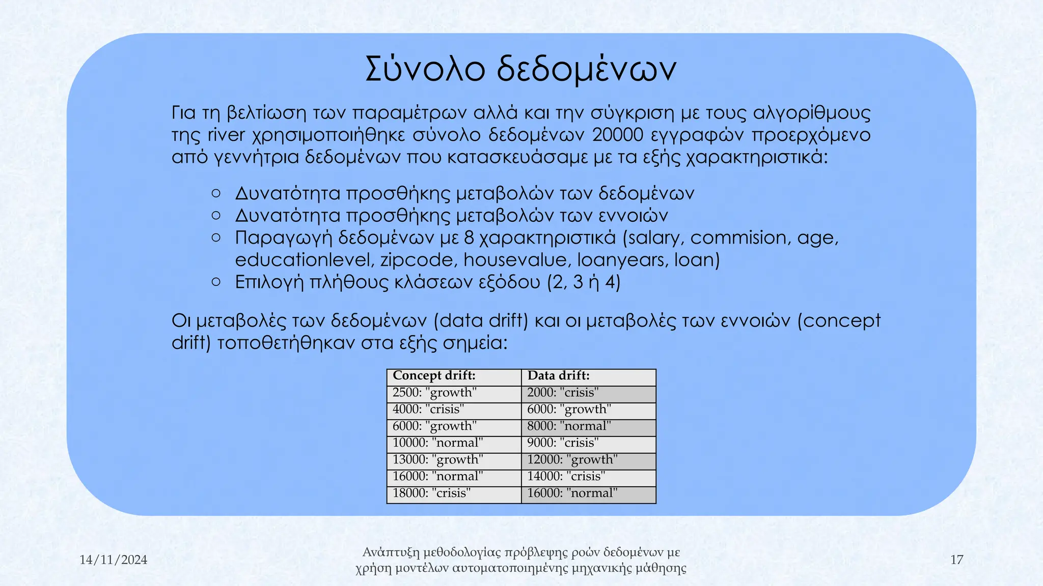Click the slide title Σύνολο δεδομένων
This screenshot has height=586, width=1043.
click(521, 70)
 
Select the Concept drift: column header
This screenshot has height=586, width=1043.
click(434, 376)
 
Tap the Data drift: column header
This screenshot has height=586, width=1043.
click(559, 376)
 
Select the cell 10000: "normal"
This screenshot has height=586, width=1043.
click(437, 443)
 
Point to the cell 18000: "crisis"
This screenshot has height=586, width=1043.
click(431, 493)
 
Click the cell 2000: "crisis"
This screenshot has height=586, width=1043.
click(563, 393)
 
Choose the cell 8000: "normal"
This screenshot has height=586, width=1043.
click(569, 426)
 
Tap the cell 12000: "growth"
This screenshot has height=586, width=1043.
click(572, 460)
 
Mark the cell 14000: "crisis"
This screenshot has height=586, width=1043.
click(566, 477)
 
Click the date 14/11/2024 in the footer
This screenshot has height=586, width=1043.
click(113, 560)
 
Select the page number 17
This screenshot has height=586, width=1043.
click(956, 560)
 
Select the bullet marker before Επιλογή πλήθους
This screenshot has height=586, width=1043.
click(216, 282)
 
